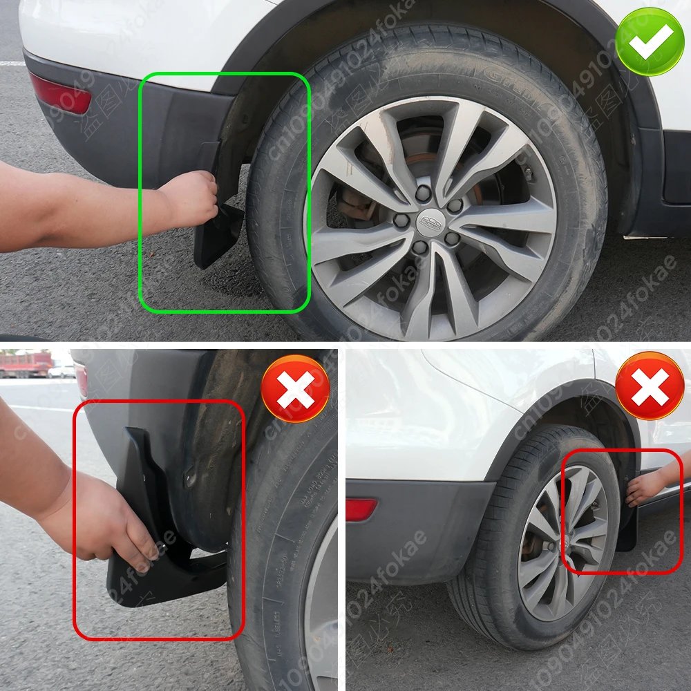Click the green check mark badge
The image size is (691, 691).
[650, 41]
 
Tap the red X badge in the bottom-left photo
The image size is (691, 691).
[296, 388]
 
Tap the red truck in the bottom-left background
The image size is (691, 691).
[26, 363]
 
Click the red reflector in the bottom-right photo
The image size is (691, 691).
[361, 509]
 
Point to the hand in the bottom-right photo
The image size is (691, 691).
[646, 488]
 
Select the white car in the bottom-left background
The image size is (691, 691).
[62, 371]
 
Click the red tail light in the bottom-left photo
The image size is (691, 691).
[82, 379]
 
